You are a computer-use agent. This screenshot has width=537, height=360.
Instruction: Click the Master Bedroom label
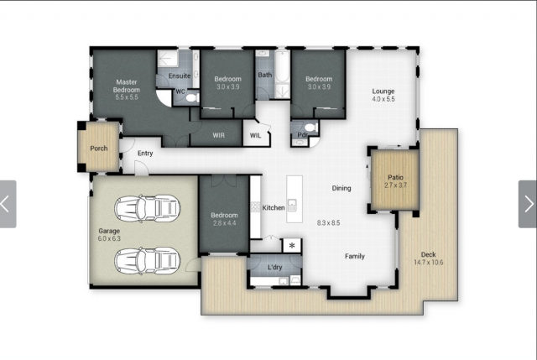click(x=127, y=86)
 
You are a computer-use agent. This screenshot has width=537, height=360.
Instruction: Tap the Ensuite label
click(x=180, y=76)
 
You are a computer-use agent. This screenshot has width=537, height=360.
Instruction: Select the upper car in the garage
click(x=148, y=208)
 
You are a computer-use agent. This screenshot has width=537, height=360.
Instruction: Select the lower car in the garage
click(x=148, y=261)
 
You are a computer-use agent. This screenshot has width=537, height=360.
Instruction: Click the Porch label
click(x=99, y=149)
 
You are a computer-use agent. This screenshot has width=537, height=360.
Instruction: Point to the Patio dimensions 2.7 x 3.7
click(x=395, y=185)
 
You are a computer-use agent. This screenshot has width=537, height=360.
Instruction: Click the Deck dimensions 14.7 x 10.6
click(x=429, y=263)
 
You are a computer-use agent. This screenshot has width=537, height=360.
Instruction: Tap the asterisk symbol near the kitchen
click(x=292, y=245)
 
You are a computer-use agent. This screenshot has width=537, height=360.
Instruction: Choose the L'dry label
click(x=274, y=267)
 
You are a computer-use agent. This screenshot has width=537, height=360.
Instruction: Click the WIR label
click(x=218, y=135)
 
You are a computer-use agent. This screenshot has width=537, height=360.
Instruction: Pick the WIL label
click(x=255, y=135)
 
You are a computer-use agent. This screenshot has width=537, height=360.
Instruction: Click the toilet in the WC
click(x=192, y=98)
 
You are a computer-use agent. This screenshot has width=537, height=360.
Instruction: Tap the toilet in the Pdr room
click(x=310, y=128)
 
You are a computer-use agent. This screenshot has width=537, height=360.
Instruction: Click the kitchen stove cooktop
click(x=255, y=206)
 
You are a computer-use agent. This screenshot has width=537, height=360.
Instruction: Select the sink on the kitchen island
click(x=292, y=206)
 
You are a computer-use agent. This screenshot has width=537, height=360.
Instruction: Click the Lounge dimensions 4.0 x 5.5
click(x=383, y=99)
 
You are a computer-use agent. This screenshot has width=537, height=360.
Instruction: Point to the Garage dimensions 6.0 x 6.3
click(x=109, y=238)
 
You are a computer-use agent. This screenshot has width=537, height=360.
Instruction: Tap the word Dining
click(x=341, y=188)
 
